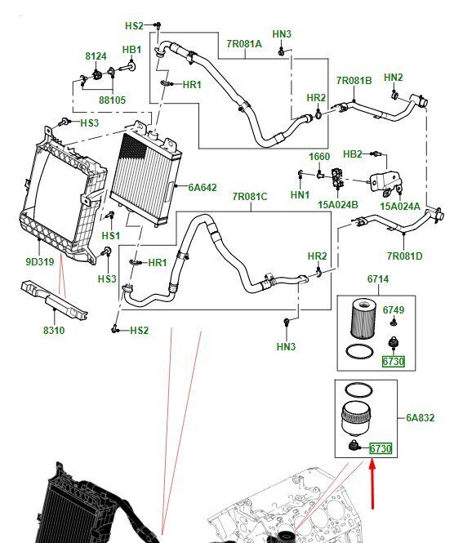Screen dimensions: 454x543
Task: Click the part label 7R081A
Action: [x=244, y=44]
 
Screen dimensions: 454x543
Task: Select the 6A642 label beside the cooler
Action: [x=203, y=187]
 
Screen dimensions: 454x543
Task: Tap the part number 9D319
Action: [x=40, y=262]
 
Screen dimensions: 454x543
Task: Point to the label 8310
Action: [x=54, y=330]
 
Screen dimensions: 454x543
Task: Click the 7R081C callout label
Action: [x=250, y=196]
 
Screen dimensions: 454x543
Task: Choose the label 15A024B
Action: [x=338, y=205]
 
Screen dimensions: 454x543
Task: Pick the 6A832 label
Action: [x=420, y=417]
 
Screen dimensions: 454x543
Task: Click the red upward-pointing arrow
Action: [x=372, y=483]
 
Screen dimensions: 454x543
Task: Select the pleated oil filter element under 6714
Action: [x=363, y=319]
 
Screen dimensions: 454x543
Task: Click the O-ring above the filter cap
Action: [x=358, y=390]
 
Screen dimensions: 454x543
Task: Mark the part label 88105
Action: [x=112, y=100]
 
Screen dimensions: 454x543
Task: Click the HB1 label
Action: [x=131, y=50]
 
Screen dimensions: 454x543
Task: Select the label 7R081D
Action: [x=404, y=256]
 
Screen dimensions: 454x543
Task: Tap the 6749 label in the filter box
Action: [x=394, y=309]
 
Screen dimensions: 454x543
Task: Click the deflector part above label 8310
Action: [x=54, y=300]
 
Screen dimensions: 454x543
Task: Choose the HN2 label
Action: [x=393, y=78]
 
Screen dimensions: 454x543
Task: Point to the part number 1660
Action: [x=319, y=157]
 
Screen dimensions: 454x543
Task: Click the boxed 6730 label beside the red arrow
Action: [x=381, y=449]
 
